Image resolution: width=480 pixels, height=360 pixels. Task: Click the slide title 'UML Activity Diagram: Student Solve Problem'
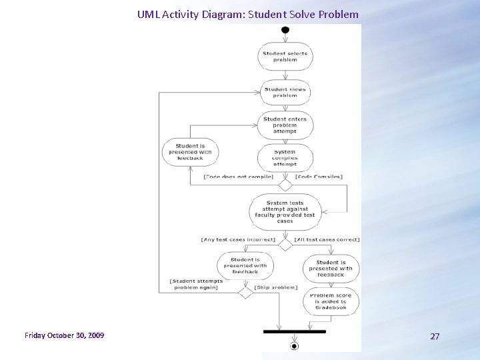click(x=247, y=14)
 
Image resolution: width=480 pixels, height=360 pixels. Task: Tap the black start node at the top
click(x=285, y=30)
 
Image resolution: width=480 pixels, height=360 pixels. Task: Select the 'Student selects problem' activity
click(x=285, y=57)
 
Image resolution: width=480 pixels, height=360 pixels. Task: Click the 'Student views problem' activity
click(x=285, y=92)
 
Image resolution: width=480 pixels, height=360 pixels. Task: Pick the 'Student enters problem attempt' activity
click(x=285, y=125)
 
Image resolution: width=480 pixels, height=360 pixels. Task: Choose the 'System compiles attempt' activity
click(x=285, y=158)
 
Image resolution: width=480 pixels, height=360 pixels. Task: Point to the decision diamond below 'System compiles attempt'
click(x=285, y=185)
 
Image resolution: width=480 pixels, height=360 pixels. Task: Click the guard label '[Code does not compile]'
click(x=238, y=177)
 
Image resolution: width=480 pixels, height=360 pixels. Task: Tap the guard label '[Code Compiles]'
click(x=319, y=177)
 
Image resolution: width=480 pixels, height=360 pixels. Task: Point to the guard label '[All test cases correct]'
click(x=327, y=239)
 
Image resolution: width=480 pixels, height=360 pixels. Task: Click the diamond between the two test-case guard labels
click(x=285, y=245)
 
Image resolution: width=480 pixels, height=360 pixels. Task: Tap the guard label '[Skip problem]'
click(x=276, y=287)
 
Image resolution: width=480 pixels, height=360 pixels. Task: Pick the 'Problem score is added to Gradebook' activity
click(x=331, y=301)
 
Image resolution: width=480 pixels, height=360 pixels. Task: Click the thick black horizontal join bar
click(x=294, y=331)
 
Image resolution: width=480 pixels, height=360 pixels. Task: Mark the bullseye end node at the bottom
click(x=294, y=346)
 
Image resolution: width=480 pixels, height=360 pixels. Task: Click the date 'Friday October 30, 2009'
click(x=64, y=335)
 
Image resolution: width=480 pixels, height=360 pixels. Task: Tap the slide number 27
click(x=435, y=336)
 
